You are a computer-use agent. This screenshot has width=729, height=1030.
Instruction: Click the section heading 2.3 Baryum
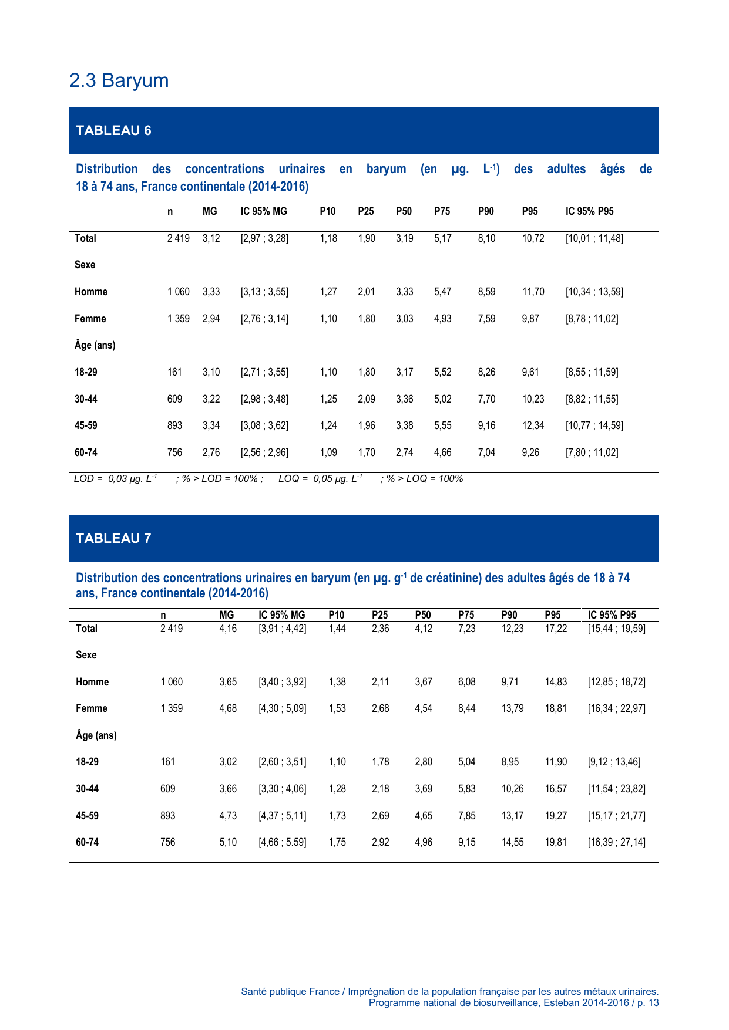[119, 80]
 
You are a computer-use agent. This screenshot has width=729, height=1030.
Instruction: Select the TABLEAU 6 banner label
[113, 130]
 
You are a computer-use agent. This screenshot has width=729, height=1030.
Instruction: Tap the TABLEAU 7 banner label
[113, 538]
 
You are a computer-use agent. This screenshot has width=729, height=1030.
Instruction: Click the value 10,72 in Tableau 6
[533, 238]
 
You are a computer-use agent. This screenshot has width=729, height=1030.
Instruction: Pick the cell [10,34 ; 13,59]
[594, 292]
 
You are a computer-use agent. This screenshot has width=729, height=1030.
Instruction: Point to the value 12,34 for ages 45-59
[533, 425]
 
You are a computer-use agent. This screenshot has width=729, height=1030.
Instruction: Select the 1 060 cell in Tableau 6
[178, 292]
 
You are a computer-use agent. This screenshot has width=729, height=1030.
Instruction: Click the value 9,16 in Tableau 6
[486, 425]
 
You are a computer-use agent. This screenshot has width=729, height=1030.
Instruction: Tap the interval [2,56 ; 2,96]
[264, 452]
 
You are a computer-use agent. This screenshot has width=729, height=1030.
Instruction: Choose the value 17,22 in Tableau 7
[556, 629]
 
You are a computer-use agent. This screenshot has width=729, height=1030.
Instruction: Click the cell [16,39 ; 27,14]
[616, 842]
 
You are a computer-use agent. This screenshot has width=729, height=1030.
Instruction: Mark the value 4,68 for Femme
[228, 708]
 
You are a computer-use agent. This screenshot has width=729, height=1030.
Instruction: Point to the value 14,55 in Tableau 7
[512, 842]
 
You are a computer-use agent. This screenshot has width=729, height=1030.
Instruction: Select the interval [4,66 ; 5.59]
[283, 842]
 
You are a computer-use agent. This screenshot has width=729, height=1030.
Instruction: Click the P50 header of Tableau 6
[404, 211]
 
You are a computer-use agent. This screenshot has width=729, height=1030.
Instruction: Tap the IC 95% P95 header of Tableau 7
[612, 615]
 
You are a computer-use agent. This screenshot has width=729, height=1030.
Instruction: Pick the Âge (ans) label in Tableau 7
[96, 735]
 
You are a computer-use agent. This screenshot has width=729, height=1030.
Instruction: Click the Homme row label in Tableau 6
[91, 292]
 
